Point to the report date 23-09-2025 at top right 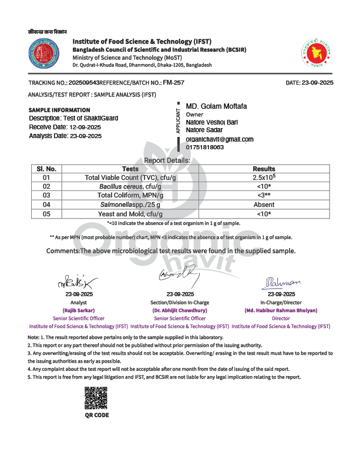click(318, 83)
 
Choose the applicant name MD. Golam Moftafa click(217, 106)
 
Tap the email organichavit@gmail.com click(220, 139)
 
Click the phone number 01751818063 click(205, 147)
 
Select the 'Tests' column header click(130, 169)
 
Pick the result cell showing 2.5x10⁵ click(264, 177)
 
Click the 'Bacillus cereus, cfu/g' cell click(130, 186)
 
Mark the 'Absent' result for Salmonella click(264, 204)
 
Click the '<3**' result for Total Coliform click(264, 195)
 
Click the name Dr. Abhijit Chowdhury click(180, 310)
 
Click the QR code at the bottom click(97, 399)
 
